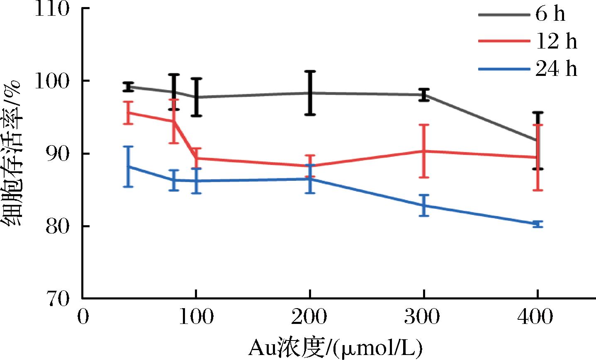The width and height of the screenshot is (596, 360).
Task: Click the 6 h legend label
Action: click(550, 14)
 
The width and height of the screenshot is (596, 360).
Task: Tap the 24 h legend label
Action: click(556, 69)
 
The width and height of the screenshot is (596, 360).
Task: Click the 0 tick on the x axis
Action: click(83, 317)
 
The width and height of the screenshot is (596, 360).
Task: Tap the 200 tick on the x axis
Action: click(309, 317)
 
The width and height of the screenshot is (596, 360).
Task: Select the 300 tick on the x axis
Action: click(423, 317)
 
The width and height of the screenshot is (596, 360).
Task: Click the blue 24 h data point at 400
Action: click(538, 224)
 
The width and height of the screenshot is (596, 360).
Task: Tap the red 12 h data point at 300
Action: click(423, 151)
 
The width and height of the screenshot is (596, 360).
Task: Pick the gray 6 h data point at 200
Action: click(310, 93)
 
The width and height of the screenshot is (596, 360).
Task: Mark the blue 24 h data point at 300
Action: click(423, 205)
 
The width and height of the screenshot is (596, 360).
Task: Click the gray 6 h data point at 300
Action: click(423, 95)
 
